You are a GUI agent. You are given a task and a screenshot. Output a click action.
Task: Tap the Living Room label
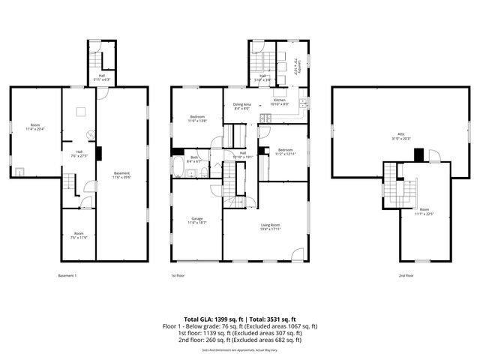tap(270, 227)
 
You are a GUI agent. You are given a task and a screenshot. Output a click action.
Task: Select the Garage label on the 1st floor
tap(198, 220)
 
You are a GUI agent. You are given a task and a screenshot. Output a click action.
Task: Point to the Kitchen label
tap(280, 101)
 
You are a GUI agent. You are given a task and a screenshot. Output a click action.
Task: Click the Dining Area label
tap(241, 106)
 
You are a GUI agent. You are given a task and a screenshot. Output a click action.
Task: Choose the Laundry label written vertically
tap(297, 66)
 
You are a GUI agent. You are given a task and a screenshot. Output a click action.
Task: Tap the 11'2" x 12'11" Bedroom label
tap(285, 151)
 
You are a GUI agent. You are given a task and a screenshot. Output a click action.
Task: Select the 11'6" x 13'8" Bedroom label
tap(197, 118)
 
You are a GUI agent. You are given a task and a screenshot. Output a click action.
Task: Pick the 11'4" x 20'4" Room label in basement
tap(34, 127)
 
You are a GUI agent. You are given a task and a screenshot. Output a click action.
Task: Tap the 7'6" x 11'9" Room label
tap(79, 236)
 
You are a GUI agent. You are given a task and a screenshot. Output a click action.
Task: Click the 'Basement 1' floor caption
tap(67, 276)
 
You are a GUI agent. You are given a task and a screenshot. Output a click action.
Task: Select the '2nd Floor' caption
tap(406, 276)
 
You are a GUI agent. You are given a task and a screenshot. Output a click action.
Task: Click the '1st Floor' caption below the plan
tap(178, 276)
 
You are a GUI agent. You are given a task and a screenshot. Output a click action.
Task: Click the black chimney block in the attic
tap(418, 154)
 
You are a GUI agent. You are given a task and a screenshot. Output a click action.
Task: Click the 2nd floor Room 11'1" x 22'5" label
tap(424, 211)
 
